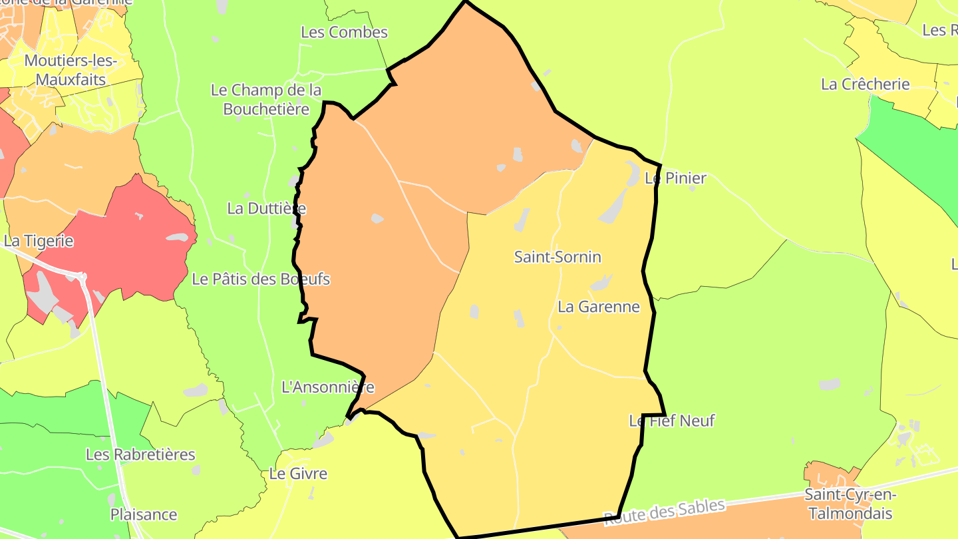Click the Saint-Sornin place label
[x=558, y=257]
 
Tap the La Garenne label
[x=598, y=307]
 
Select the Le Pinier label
[x=675, y=178]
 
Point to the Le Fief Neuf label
[x=672, y=421]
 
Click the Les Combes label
[x=344, y=32]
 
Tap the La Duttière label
[x=266, y=208]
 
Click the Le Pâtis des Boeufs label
[x=261, y=279]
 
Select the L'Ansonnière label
[x=328, y=387]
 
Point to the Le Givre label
[x=298, y=474]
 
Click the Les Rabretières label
[x=140, y=454]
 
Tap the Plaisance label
[x=144, y=514]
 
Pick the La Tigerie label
[x=39, y=241]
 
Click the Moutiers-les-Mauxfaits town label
[x=71, y=70]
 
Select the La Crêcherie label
[x=865, y=85]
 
